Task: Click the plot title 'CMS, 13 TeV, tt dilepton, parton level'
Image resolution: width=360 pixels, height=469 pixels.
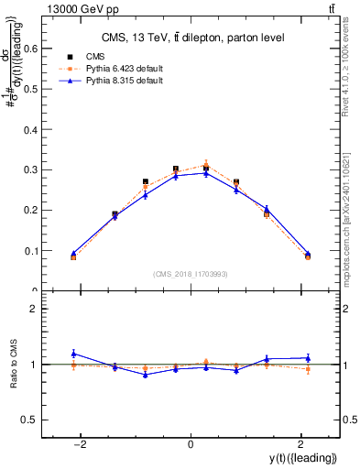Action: click(191, 38)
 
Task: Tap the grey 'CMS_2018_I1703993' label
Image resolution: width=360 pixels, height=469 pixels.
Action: click(191, 273)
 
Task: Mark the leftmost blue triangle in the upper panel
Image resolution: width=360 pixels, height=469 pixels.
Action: click(73, 253)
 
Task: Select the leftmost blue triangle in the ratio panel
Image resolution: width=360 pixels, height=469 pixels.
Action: click(73, 354)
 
